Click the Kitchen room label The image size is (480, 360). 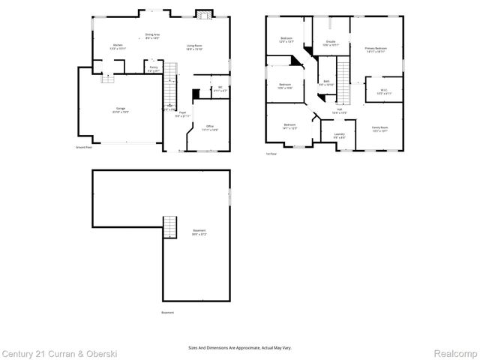[x=118, y=46]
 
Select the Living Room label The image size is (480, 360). [x=194, y=46]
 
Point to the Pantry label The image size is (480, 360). [x=153, y=68]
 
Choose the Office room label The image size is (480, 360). [x=210, y=127]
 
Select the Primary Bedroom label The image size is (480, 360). [x=375, y=49]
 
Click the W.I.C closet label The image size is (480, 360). [x=383, y=91]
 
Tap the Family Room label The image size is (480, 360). [x=379, y=128]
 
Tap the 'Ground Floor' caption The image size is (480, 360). [x=83, y=148]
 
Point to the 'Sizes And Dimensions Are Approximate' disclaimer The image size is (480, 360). [x=240, y=348]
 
